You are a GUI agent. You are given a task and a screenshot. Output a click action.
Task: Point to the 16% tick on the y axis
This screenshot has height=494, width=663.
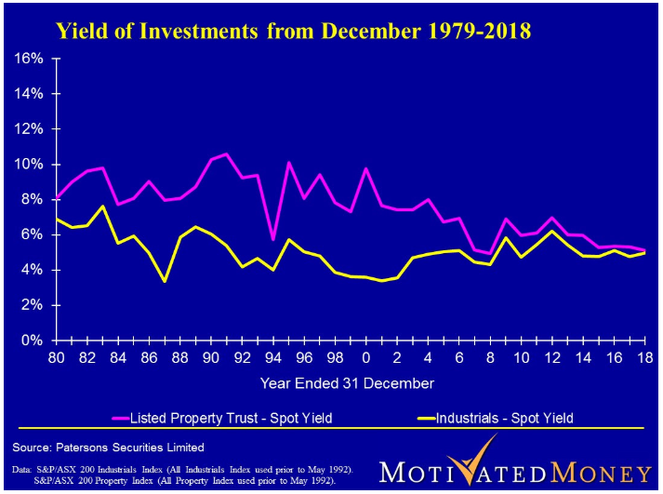tap(31, 59)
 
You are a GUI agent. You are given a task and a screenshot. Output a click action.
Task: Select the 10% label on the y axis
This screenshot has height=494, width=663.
tap(31, 165)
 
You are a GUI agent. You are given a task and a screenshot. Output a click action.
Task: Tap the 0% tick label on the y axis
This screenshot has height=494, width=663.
tap(34, 340)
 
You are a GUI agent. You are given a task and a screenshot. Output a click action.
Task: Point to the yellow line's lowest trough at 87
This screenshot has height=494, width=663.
tap(165, 280)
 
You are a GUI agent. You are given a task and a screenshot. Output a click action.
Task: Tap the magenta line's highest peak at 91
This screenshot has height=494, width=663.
tap(226, 154)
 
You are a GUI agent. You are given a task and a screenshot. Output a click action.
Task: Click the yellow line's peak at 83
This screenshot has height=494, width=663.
tap(102, 207)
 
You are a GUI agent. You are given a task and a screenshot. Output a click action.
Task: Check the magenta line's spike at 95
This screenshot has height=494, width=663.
tap(289, 163)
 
